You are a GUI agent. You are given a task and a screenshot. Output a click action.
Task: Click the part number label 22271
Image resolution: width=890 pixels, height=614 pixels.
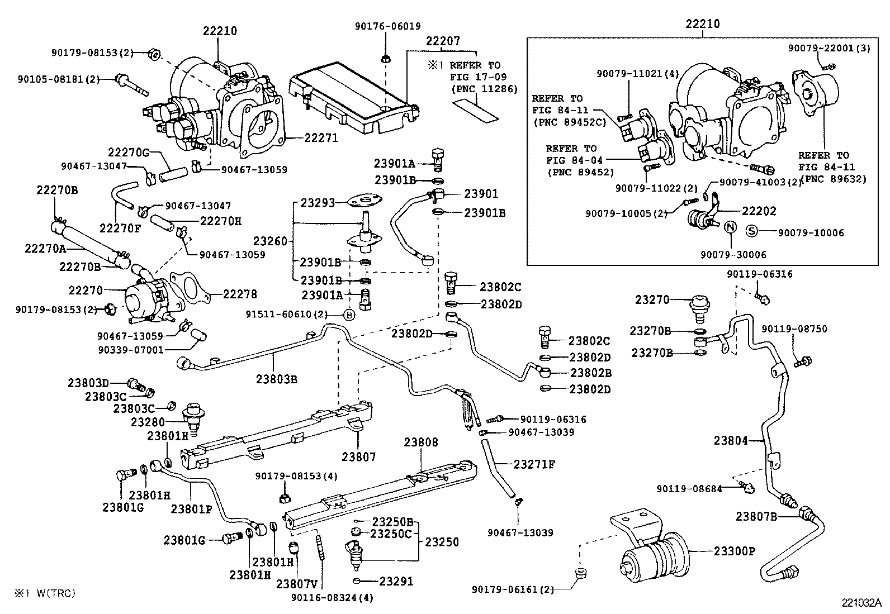pyautogui.click(x=321, y=137)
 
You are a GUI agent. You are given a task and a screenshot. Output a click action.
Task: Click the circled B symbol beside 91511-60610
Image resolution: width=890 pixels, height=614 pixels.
pyautogui.click(x=348, y=315)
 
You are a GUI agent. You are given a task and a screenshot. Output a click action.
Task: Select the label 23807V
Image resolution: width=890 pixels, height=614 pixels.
pyautogui.click(x=296, y=584)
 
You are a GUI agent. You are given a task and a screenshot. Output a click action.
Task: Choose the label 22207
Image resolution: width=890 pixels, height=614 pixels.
pyautogui.click(x=443, y=41)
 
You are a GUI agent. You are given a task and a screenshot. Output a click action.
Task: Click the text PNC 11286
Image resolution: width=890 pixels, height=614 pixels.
pyautogui.click(x=484, y=88)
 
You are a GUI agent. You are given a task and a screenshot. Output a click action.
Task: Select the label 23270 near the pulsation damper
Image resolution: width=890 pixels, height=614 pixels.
pyautogui.click(x=652, y=299)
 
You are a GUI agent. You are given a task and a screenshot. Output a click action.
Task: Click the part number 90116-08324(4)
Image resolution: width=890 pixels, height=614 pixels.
pyautogui.click(x=332, y=598)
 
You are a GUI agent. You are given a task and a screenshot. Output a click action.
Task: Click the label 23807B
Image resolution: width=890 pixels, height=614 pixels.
pyautogui.click(x=756, y=516)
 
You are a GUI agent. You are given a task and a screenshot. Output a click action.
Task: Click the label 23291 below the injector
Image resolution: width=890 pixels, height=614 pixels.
pyautogui.click(x=396, y=581)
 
